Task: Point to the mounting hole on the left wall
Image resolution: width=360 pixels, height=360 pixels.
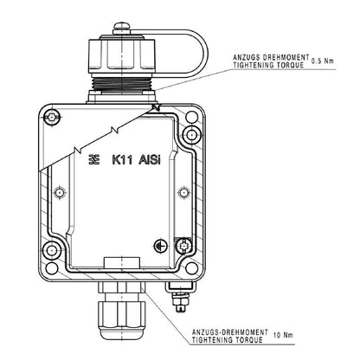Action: coord(60,191)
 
